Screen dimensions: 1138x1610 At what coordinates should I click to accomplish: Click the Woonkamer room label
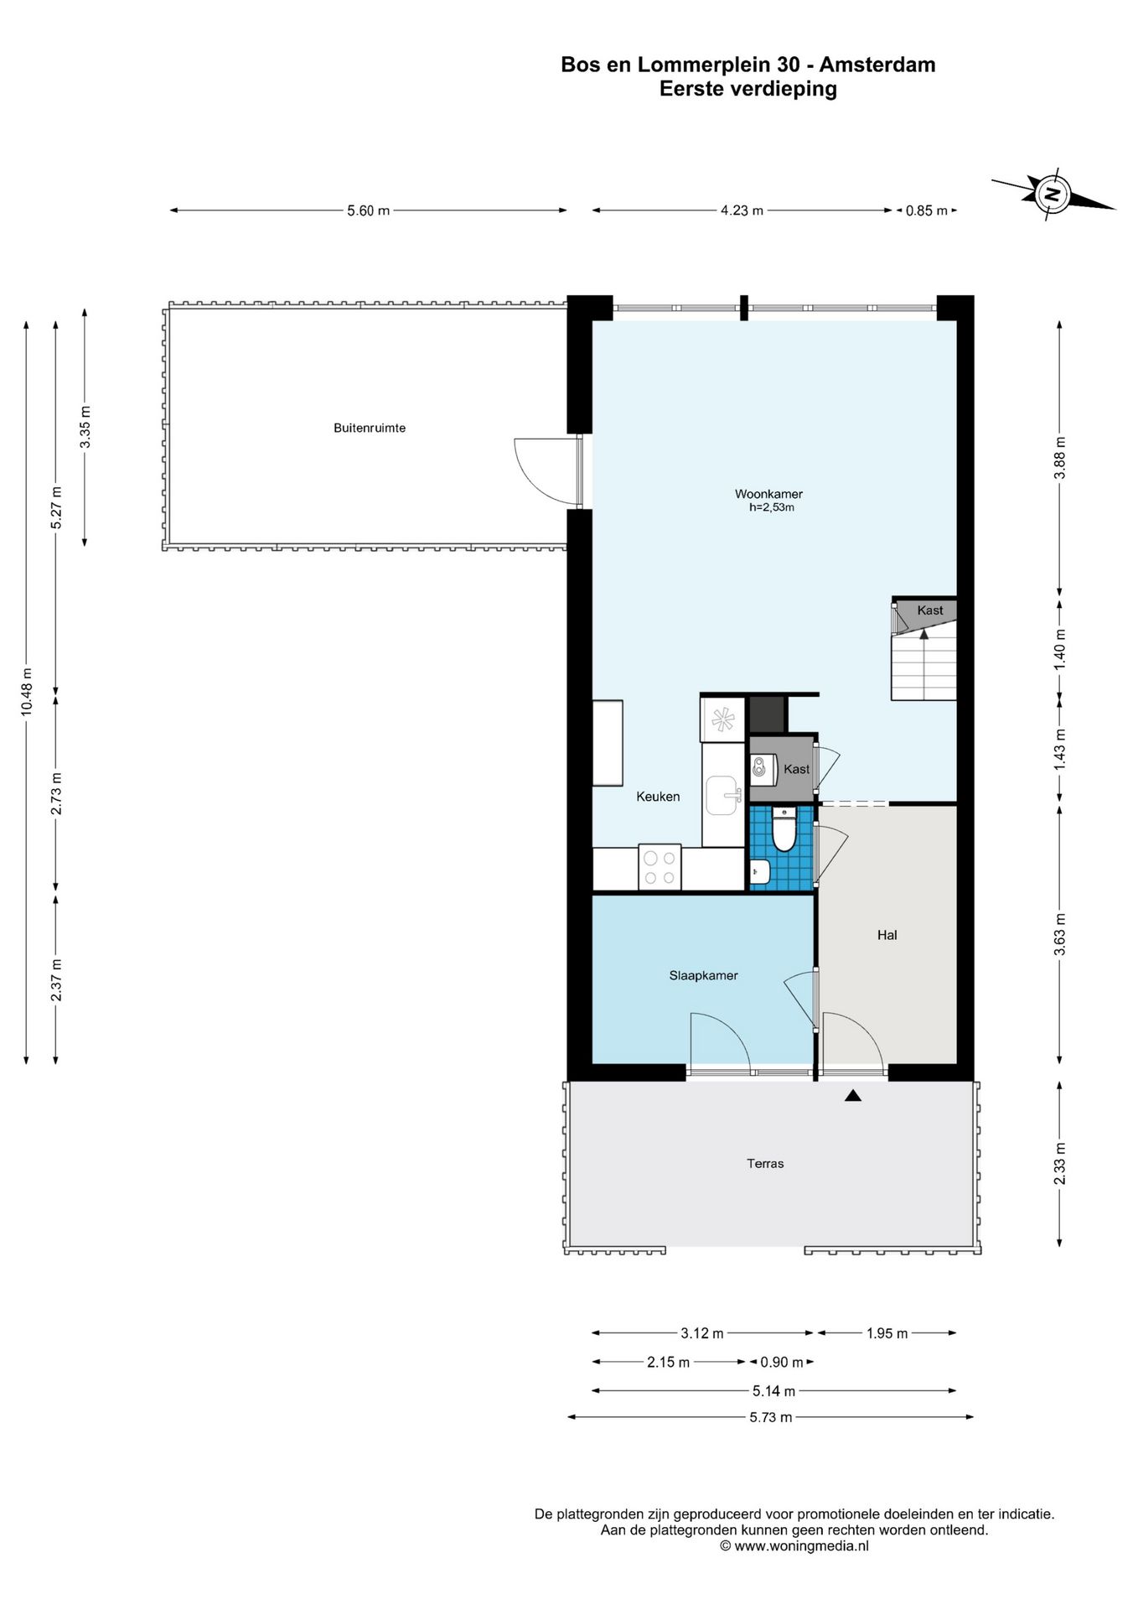(x=768, y=494)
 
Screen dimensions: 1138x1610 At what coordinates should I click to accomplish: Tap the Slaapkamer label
(x=703, y=975)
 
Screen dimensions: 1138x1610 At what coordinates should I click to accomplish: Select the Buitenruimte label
(x=370, y=428)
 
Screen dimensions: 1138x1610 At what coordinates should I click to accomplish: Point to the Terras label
(x=765, y=1163)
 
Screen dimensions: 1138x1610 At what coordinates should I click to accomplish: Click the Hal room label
(x=887, y=935)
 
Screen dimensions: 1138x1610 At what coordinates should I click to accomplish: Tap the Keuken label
(x=658, y=797)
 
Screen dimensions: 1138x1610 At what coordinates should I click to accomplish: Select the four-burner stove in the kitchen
(x=660, y=867)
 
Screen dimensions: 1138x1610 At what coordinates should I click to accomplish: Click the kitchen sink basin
(x=722, y=795)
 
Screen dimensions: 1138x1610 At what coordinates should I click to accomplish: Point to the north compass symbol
(x=1053, y=195)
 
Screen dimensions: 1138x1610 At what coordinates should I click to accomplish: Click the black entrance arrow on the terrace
(x=853, y=1094)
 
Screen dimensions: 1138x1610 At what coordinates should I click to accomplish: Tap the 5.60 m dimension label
(x=369, y=211)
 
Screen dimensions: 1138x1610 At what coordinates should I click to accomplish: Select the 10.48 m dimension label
(x=27, y=688)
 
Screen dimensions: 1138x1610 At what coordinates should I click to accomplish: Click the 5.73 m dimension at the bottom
(x=771, y=1417)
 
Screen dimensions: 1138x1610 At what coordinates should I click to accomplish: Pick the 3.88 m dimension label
(x=1060, y=458)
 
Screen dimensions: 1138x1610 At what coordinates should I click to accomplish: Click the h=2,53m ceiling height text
(x=771, y=507)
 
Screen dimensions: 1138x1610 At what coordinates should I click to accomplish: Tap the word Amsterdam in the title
(x=877, y=65)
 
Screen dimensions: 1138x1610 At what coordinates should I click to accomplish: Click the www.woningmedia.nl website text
(x=801, y=1546)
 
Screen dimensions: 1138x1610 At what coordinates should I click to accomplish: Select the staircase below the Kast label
(x=923, y=666)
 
